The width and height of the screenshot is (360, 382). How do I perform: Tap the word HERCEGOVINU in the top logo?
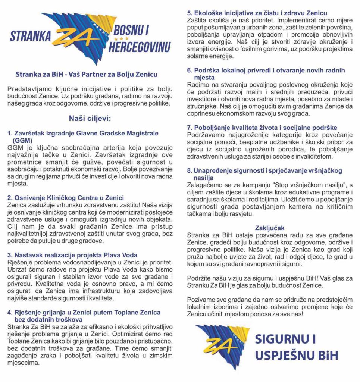139,46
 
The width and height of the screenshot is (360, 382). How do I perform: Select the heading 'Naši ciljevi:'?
90,119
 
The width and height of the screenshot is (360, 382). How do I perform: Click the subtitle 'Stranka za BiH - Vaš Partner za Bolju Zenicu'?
87,75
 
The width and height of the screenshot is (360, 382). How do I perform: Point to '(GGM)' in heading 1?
22,141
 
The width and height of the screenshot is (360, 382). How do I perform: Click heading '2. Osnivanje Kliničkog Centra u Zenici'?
66,198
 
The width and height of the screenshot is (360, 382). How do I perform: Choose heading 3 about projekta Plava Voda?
72,255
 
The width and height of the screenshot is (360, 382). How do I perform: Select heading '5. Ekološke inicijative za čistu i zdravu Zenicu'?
257,14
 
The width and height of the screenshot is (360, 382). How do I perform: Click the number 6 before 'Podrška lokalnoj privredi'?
189,71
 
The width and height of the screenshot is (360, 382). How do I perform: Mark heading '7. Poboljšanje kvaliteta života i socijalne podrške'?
262,128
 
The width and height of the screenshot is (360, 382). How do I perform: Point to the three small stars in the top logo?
121,38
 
